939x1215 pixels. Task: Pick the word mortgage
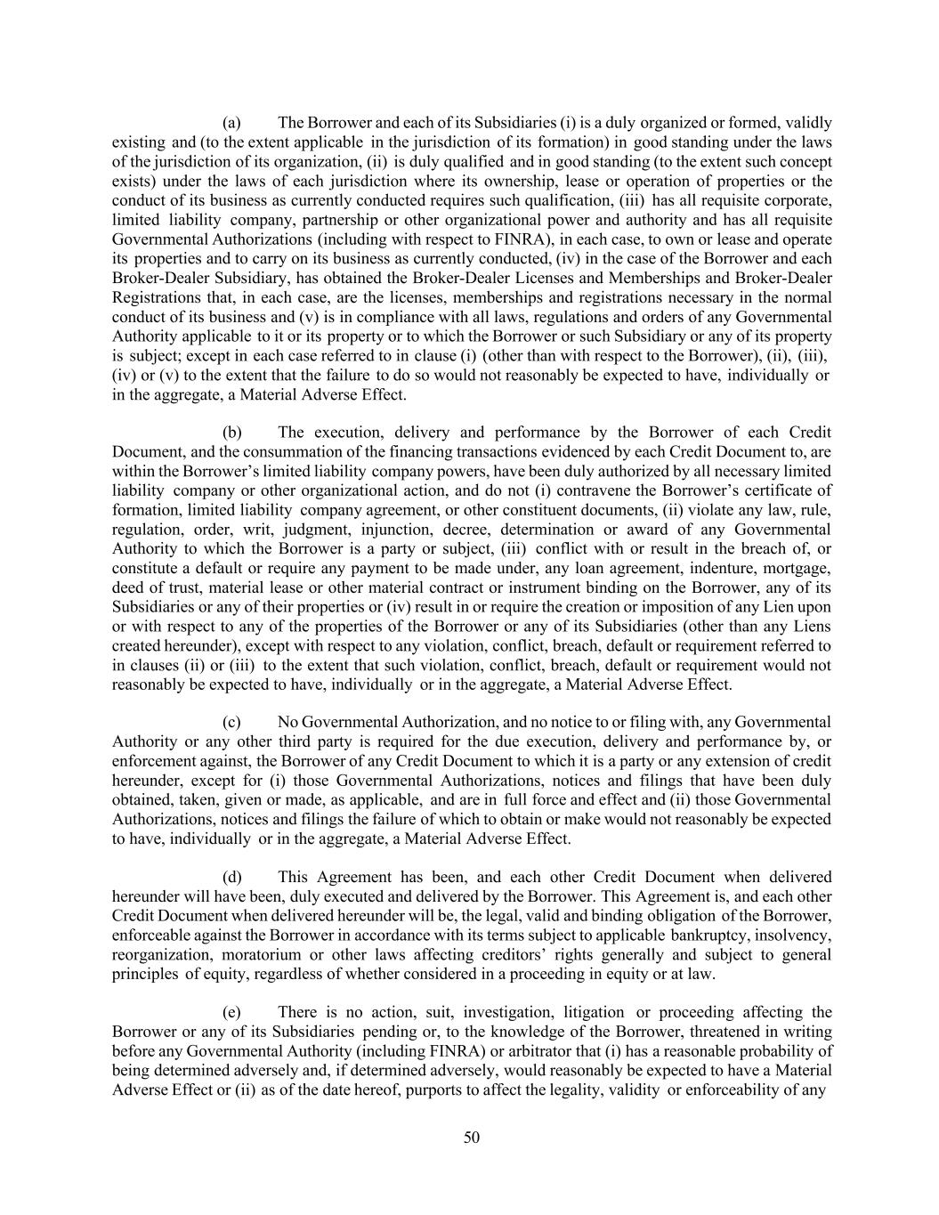click(797, 568)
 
